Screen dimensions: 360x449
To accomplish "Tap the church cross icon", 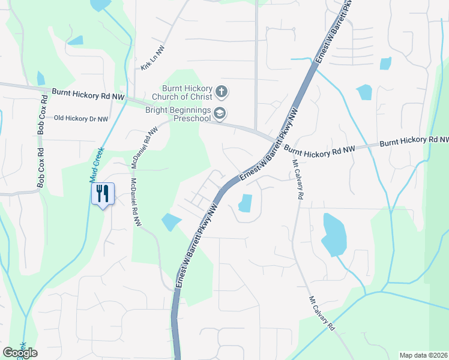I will pos(221,92).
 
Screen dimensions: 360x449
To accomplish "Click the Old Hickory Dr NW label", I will pos(81,119).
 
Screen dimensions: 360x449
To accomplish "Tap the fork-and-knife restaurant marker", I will pos(102,194).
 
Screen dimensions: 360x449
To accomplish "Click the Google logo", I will pos(20,352).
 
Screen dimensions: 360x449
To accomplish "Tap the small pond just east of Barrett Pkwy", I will pos(245,203).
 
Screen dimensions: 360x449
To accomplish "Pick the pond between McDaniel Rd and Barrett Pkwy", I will pos(170,221).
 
